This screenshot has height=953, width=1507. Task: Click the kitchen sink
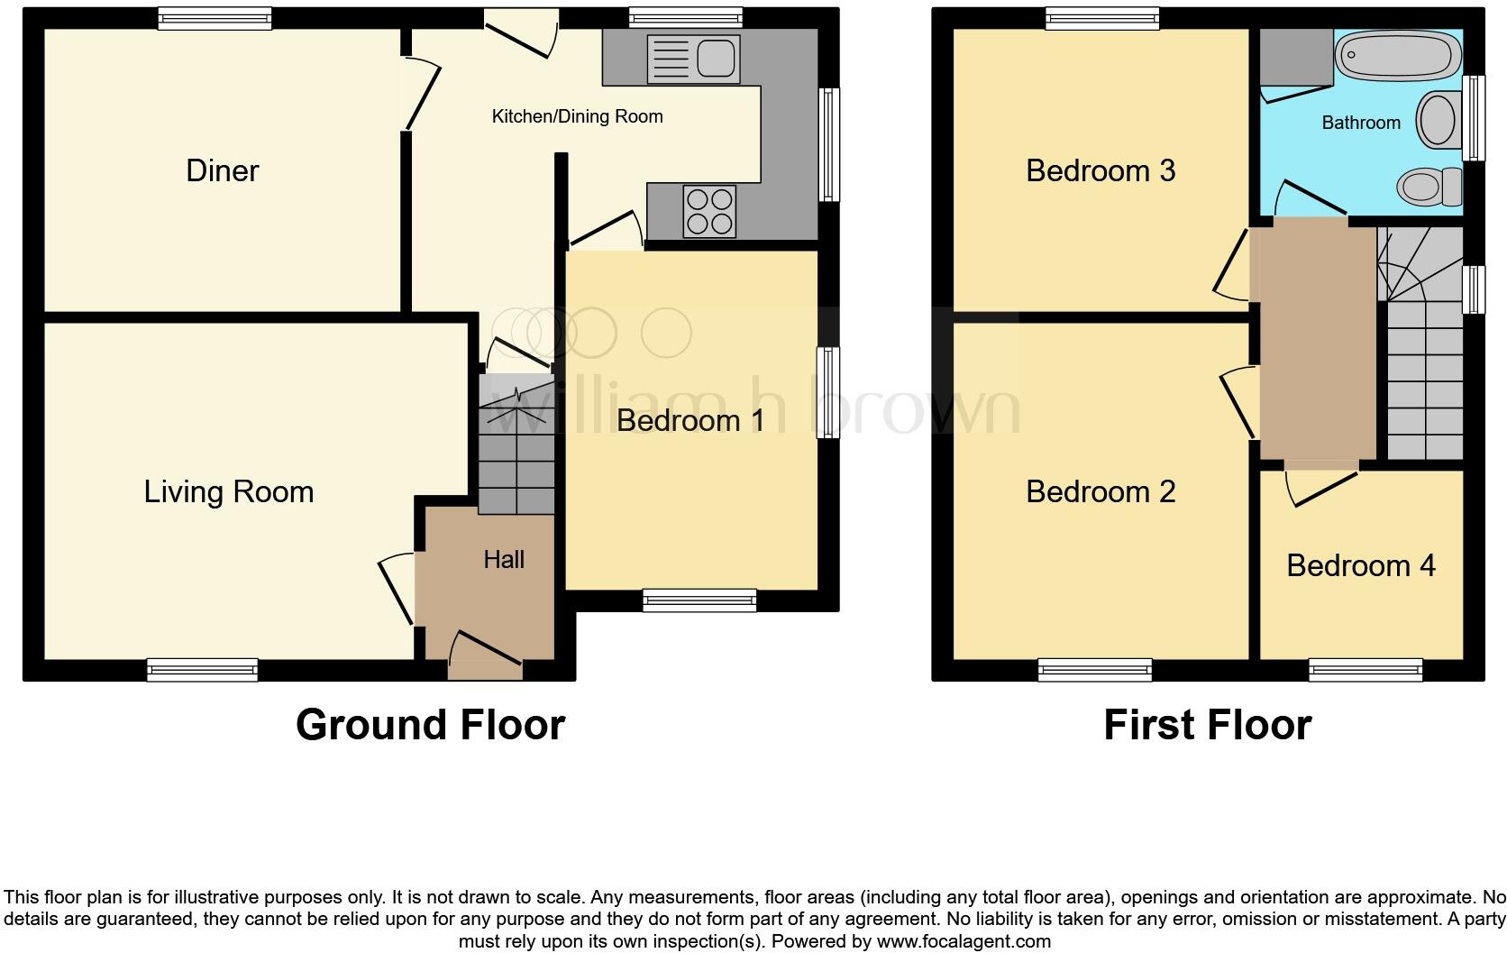(694, 60)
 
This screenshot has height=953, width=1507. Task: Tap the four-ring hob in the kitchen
(709, 210)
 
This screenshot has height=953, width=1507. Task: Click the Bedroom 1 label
(690, 420)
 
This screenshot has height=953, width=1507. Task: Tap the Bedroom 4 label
(1360, 565)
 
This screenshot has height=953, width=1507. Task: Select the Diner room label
(222, 170)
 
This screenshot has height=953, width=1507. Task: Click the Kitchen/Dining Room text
(577, 116)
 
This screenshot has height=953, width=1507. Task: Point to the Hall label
(503, 559)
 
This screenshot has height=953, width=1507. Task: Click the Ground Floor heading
(430, 725)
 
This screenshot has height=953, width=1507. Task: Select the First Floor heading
(1207, 725)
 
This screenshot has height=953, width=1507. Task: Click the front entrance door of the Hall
(485, 656)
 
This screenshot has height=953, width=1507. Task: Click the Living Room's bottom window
(203, 670)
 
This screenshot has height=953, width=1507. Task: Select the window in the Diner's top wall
(215, 17)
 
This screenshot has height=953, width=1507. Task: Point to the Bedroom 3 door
(1231, 263)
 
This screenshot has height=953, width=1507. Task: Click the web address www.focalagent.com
(964, 941)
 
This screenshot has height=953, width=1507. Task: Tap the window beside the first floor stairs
(1474, 289)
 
